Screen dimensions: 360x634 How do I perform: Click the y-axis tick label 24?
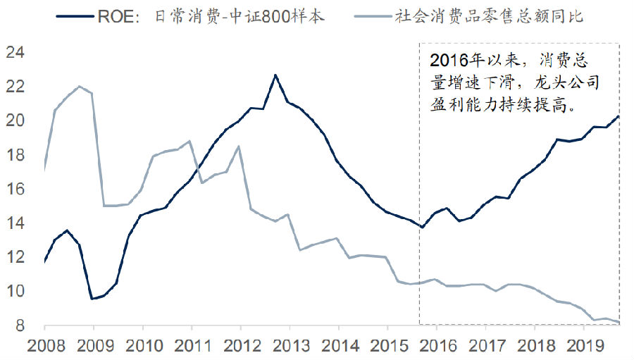(15, 52)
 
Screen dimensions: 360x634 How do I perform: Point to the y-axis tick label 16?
(15, 189)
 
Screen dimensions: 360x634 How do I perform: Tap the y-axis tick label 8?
(19, 325)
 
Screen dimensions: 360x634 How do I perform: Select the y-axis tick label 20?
(15, 120)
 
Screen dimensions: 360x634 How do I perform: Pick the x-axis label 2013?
(289, 347)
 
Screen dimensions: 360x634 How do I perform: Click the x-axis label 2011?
(191, 347)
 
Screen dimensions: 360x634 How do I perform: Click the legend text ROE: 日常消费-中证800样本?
(211, 15)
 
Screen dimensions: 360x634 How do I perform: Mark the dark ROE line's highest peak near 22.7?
(275, 75)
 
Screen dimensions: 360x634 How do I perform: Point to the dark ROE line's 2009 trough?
(92, 299)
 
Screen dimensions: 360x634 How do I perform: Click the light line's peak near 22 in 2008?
(79, 87)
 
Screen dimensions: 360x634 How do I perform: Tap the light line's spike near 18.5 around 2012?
(239, 147)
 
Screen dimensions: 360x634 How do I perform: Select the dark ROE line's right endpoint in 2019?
(619, 116)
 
